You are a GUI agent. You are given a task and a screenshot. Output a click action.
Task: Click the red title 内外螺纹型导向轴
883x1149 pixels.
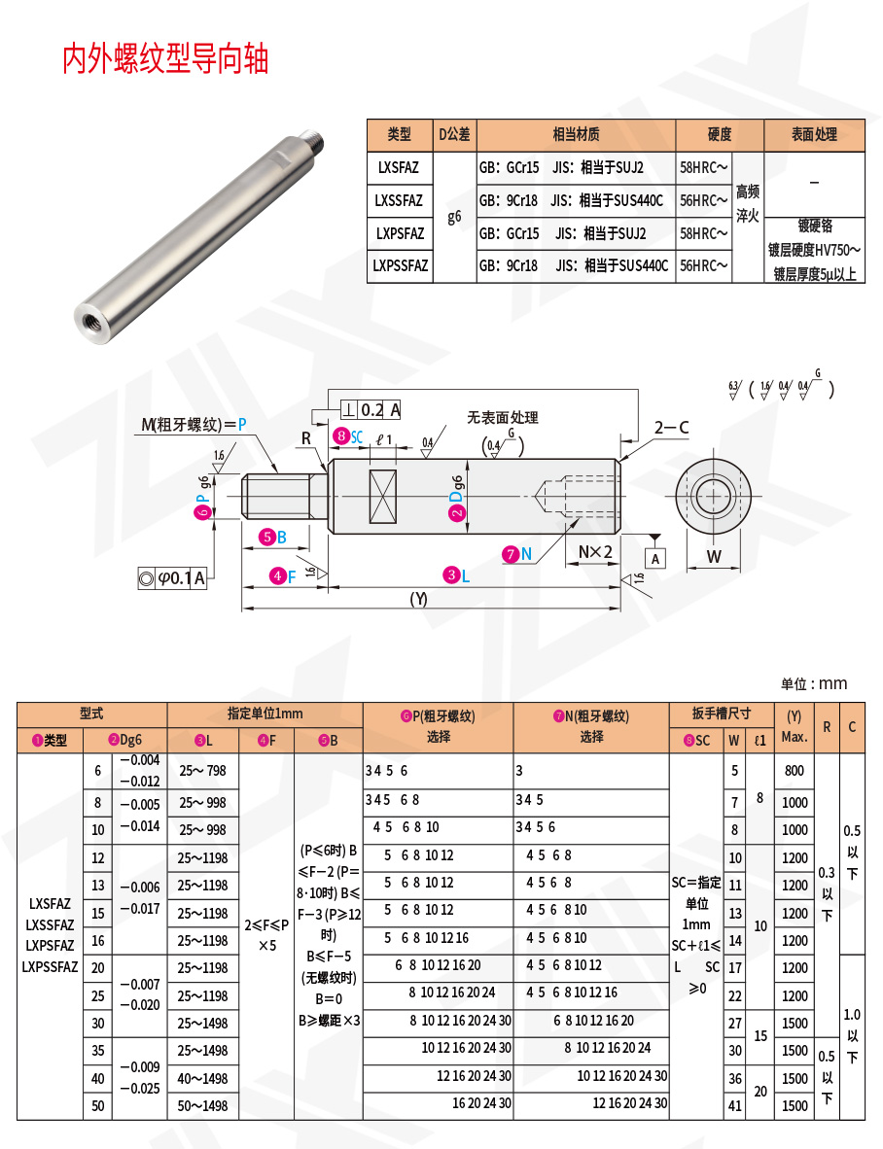(165, 59)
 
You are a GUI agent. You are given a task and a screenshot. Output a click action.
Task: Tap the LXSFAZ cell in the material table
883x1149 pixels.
(399, 167)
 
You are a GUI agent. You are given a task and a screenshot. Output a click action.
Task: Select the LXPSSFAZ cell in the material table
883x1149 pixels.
(399, 265)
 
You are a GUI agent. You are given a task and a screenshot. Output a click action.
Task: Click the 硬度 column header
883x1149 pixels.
(719, 135)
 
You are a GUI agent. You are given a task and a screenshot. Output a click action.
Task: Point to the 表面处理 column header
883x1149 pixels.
(813, 135)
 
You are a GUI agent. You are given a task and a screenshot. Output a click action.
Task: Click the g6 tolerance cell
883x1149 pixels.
(454, 217)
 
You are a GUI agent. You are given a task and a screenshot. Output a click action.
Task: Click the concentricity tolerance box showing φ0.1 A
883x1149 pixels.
(173, 578)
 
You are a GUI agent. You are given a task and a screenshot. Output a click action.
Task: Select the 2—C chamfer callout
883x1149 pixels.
(671, 427)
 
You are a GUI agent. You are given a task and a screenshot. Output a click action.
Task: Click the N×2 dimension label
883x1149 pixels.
(595, 552)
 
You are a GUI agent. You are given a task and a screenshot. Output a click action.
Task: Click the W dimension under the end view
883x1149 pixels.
(713, 557)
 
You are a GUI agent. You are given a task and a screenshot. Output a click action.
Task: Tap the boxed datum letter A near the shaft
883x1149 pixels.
(655, 558)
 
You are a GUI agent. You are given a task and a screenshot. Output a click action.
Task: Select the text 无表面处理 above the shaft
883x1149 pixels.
(502, 417)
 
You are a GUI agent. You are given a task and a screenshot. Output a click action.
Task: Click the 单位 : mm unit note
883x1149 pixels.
(814, 683)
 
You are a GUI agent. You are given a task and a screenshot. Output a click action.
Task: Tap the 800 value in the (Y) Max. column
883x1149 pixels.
(795, 771)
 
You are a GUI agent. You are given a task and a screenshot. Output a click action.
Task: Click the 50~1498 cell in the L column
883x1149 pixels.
(202, 1105)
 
